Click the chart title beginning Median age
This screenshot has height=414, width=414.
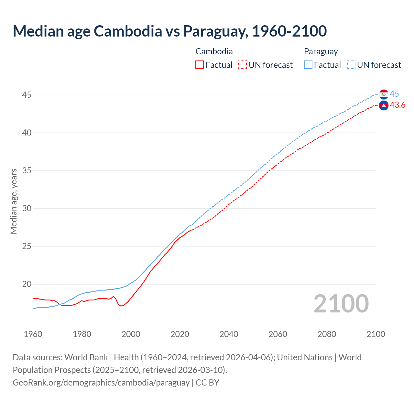169,31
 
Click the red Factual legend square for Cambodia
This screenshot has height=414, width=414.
200,65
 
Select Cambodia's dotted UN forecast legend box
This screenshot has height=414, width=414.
242,65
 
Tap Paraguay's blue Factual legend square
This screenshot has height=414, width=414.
308,65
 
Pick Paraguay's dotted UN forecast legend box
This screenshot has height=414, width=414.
351,65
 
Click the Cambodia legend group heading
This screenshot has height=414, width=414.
214,51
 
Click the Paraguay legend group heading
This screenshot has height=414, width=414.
321,51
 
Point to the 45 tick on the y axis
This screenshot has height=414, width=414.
27,95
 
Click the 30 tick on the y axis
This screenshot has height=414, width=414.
27,208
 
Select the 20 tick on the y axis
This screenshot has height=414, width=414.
27,284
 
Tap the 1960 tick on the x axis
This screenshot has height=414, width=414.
33,334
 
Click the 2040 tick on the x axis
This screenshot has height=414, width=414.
229,334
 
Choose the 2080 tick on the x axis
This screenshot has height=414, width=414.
327,334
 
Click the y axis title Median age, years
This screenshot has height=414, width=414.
14,201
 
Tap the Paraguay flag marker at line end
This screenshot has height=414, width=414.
384,94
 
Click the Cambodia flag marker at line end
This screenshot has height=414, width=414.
384,105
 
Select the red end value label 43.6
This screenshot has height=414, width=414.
398,105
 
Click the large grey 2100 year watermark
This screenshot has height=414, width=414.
341,303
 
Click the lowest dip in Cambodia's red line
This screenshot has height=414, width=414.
121,306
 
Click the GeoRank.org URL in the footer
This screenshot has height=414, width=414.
101,383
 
